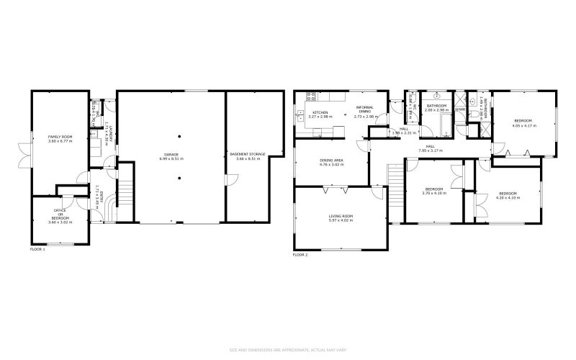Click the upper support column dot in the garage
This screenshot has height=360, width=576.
tap(180, 136)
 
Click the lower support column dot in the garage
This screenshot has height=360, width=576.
tap(180, 175)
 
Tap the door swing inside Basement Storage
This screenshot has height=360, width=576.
tap(232, 179)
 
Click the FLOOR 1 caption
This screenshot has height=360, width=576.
tap(37, 249)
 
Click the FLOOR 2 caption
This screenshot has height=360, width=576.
tap(300, 255)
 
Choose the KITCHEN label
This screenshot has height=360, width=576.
tap(320, 113)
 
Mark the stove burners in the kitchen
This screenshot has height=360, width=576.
tap(310, 96)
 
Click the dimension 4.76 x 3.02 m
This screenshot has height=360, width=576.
tap(332, 165)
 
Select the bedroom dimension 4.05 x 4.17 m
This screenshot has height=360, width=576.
tap(523, 125)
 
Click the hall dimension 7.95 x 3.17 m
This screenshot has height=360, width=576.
tap(430, 151)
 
